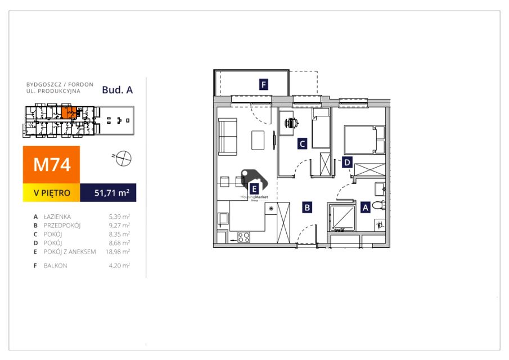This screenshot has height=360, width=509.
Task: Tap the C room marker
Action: point(302,143)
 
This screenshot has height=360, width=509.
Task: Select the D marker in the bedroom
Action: point(347,162)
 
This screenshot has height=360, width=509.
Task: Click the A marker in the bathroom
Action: point(364,207)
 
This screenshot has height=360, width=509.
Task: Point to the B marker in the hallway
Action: point(307,207)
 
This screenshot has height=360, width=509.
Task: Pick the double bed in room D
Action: point(364,139)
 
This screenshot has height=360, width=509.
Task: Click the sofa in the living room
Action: point(228,137)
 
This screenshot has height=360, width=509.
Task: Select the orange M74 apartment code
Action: point(52,165)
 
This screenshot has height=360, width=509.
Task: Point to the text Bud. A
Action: point(117,89)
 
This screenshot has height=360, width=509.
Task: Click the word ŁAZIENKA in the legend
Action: point(58,216)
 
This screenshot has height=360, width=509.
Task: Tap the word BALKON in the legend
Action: point(55,265)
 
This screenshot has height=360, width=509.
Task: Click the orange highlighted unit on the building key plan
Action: point(69,112)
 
